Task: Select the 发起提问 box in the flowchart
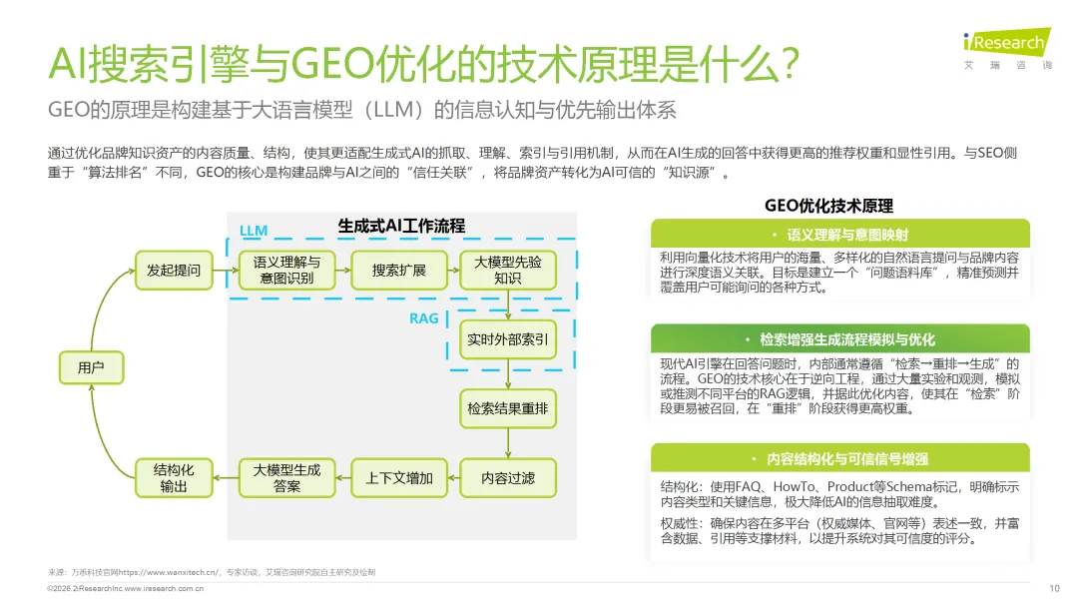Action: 174,271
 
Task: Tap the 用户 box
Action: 91,368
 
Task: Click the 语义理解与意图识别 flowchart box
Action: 286,271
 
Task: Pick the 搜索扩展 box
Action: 398,271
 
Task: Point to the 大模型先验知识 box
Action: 508,271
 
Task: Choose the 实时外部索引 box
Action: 508,339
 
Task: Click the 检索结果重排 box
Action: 508,408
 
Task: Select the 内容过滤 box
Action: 508,478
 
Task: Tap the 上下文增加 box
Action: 398,478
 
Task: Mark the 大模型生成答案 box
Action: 286,478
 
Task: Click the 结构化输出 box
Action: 174,478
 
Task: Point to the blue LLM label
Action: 254,231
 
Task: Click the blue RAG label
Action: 424,318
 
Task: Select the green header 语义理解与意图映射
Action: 839,235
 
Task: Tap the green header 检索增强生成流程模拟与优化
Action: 839,339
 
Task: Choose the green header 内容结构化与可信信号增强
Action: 839,459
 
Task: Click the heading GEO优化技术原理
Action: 828,206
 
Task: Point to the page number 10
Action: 1054,587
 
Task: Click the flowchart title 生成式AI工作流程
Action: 401,226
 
